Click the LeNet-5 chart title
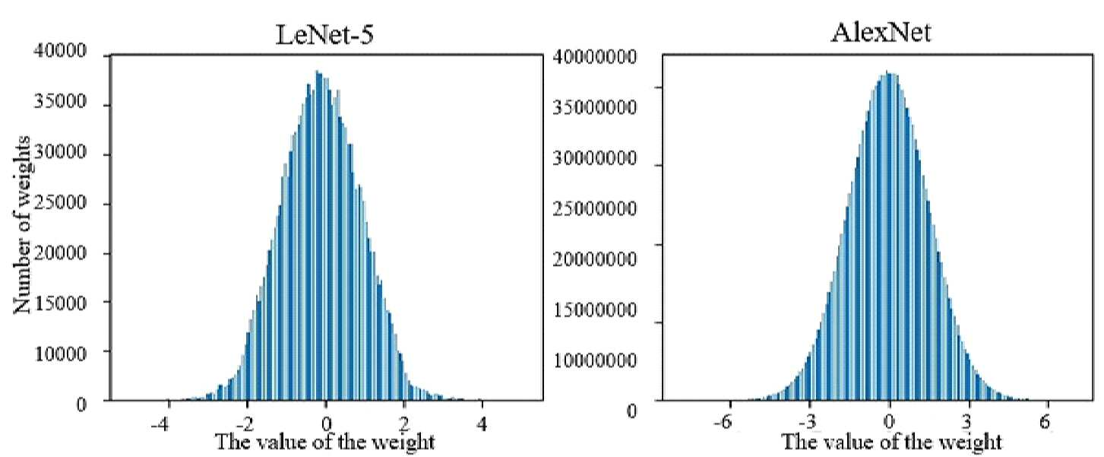(x=324, y=35)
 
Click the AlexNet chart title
(x=881, y=33)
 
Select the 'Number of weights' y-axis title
(x=22, y=225)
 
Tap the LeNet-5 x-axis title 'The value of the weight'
(x=325, y=442)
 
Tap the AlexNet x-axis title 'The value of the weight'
(x=892, y=442)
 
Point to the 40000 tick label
(x=60, y=51)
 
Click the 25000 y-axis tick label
(x=60, y=202)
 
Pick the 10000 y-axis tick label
(x=60, y=354)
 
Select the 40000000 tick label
(x=594, y=57)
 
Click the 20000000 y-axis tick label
(x=594, y=259)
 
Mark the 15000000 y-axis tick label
(x=594, y=310)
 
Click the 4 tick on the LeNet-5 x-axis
(x=482, y=424)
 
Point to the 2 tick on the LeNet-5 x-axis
(x=404, y=424)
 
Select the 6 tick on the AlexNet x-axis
(x=1045, y=423)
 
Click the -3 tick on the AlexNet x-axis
(x=804, y=423)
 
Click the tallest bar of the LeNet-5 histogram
(x=317, y=236)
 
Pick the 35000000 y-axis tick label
(x=594, y=107)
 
